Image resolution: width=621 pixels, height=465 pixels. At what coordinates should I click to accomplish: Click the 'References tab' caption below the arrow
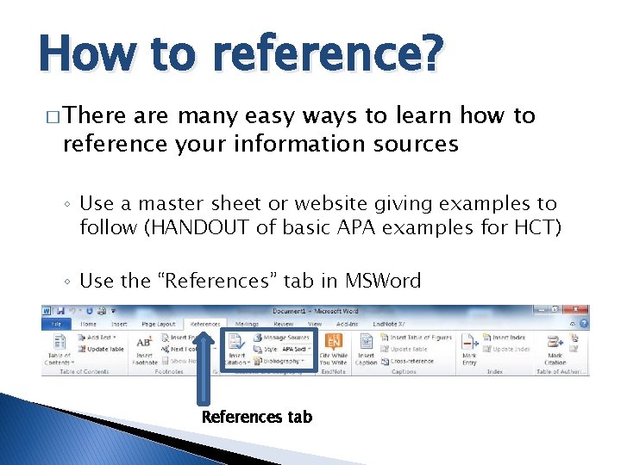tap(256, 417)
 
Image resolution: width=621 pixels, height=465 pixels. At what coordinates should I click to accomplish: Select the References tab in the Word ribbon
tap(205, 324)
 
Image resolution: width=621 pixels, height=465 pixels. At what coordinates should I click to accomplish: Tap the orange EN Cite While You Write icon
tap(332, 339)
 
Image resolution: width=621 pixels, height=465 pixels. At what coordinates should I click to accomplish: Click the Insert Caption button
tap(367, 347)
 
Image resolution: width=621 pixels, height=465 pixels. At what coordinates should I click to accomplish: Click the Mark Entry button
tap(469, 347)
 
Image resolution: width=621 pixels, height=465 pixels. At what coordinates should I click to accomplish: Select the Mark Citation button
tap(555, 347)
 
